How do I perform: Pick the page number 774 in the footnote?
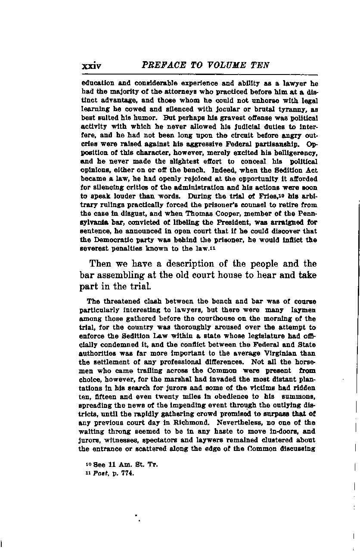(127, 473)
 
